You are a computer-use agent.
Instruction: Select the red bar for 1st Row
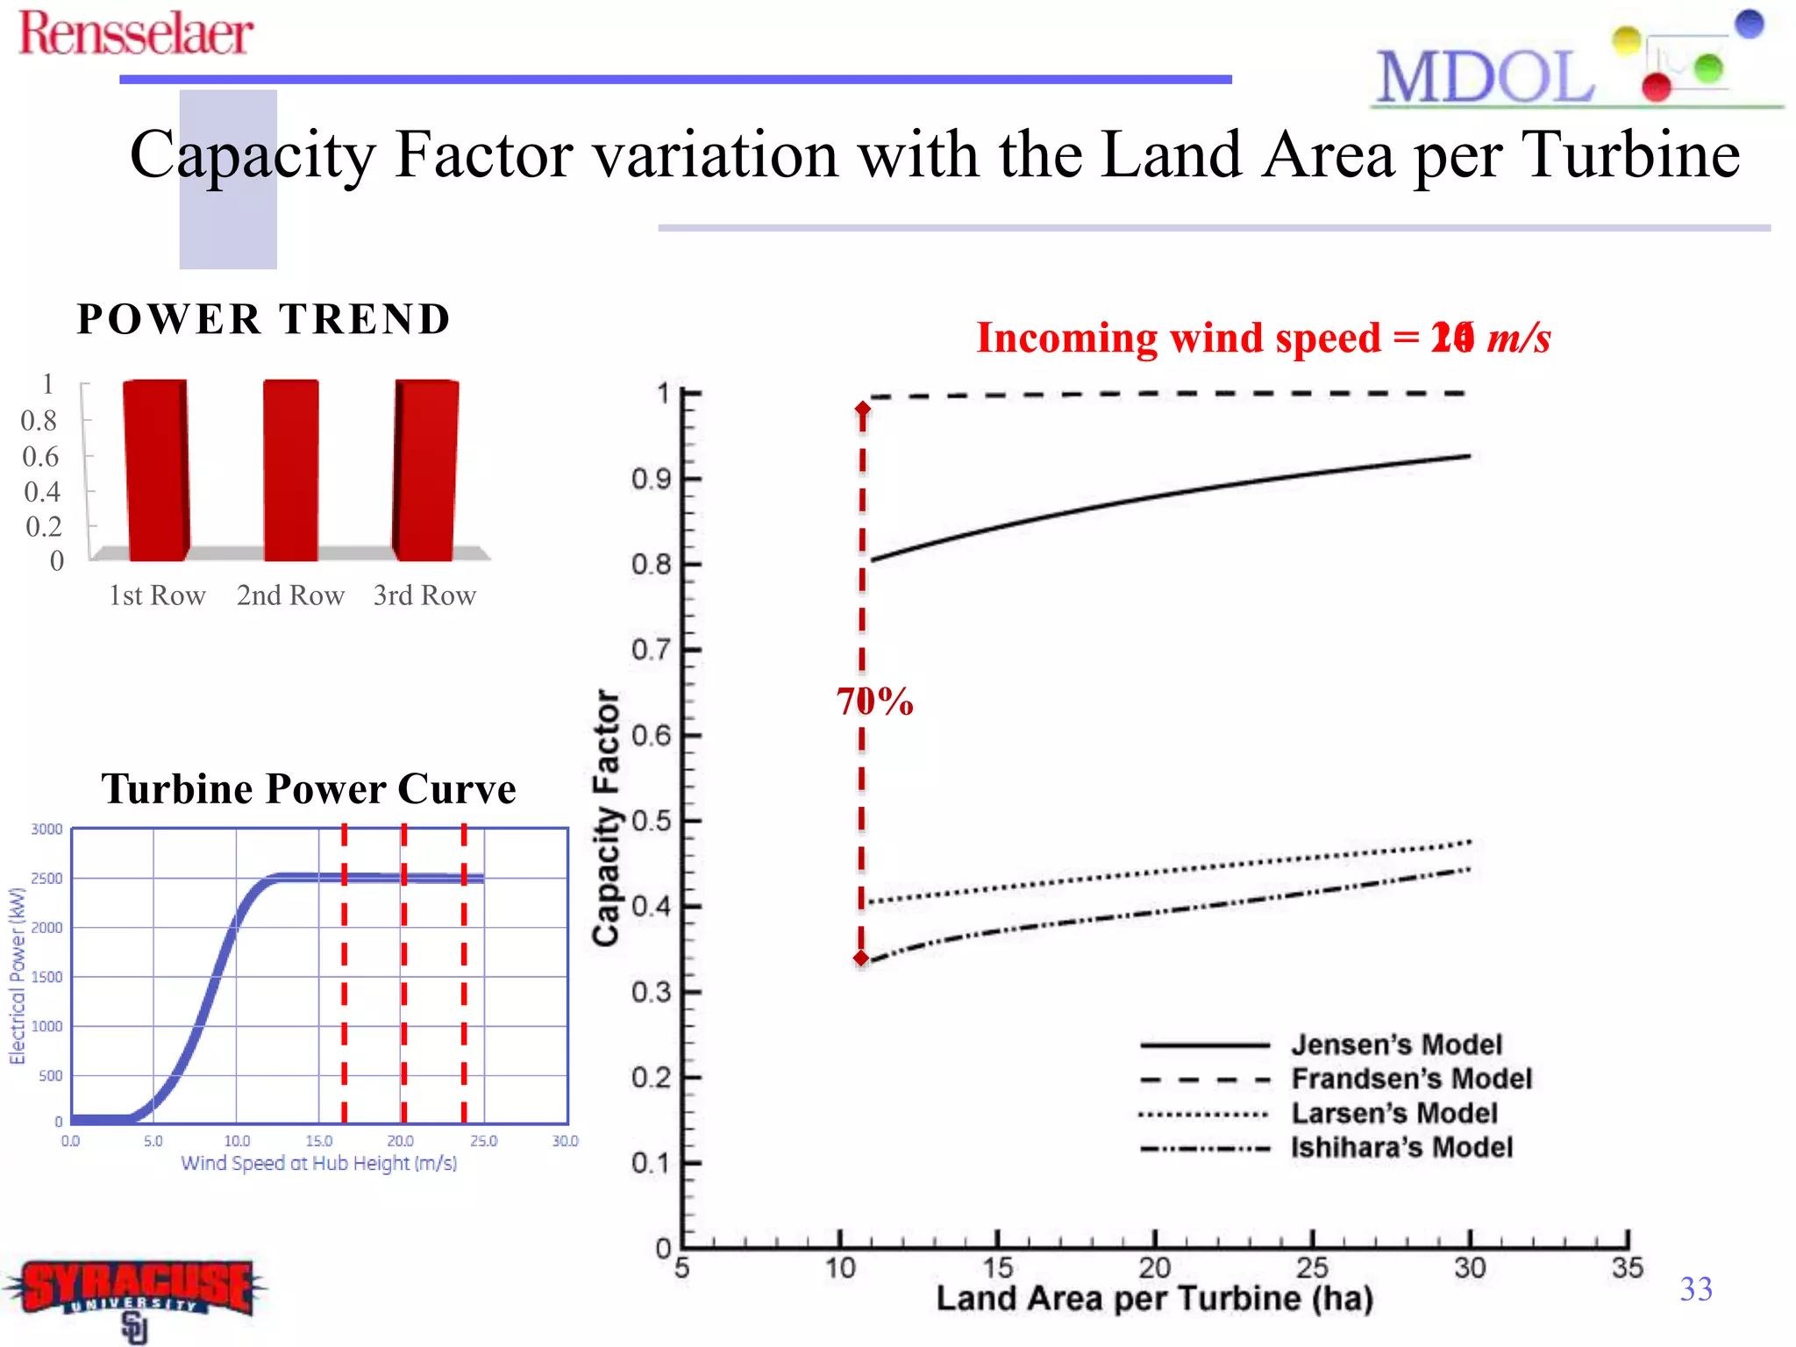pos(157,470)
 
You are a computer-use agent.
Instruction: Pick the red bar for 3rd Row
pos(426,470)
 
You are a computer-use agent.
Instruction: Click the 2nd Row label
pos(290,595)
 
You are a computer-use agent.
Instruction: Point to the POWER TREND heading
pos(263,318)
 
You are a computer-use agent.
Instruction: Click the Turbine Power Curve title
pos(309,788)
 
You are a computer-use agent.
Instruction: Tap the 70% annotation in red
pos(875,702)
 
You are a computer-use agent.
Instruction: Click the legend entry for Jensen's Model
pos(1396,1044)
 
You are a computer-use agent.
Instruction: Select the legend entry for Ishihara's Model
pos(1400,1147)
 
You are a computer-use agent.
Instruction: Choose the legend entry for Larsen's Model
pos(1393,1113)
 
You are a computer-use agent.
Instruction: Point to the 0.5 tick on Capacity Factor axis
pos(651,822)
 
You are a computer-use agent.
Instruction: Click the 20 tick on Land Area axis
pos(1155,1267)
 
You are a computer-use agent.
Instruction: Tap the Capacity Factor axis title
pos(606,817)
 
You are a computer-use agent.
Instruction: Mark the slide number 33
pos(1695,1288)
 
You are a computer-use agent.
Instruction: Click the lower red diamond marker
pos(861,959)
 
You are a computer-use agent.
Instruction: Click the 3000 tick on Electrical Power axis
pos(47,830)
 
